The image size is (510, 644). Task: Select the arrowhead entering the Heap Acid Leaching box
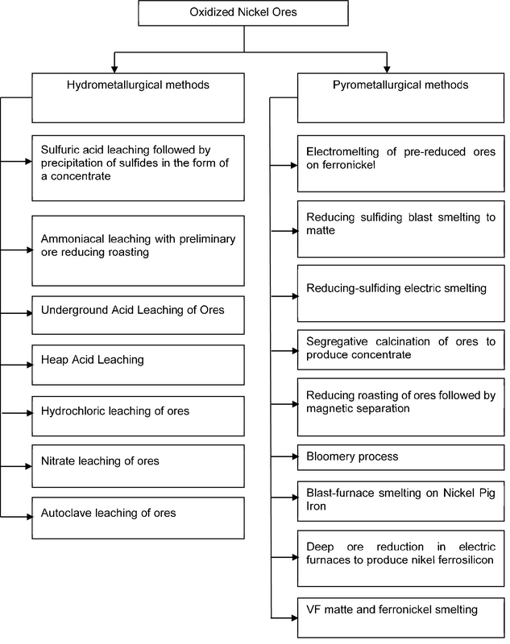(x=27, y=361)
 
